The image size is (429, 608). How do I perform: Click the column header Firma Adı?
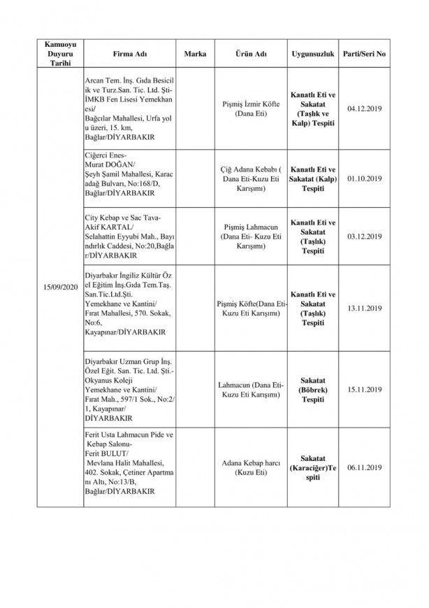click(x=129, y=54)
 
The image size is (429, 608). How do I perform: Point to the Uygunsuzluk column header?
click(x=313, y=54)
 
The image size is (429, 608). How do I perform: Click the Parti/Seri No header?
click(x=364, y=54)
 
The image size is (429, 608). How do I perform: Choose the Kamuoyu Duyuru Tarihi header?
click(x=59, y=54)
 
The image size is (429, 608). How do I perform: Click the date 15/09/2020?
click(x=59, y=288)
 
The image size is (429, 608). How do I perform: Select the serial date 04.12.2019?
click(x=364, y=108)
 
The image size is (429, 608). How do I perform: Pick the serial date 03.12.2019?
click(x=364, y=237)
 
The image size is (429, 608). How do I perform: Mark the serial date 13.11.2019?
click(x=364, y=309)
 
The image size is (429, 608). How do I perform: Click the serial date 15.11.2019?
click(x=364, y=390)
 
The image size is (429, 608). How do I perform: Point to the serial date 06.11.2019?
click(x=364, y=467)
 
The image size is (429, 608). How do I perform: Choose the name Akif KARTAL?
click(x=108, y=227)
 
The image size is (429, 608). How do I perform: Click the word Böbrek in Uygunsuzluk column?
click(x=313, y=389)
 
